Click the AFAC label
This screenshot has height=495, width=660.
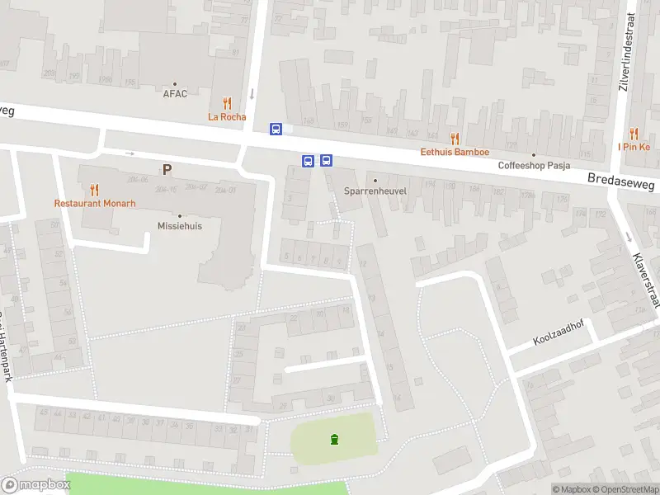coord(175,93)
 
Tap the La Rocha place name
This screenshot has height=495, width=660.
coord(227,117)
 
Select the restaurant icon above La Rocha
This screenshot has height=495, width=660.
coord(227,103)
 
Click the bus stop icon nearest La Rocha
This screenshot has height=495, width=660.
coord(276,129)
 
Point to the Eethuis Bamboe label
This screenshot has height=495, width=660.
coord(455,152)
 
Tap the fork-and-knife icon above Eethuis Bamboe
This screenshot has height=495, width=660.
coord(455,139)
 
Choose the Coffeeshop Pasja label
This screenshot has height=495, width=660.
coord(535,165)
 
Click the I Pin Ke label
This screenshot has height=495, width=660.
coord(634,147)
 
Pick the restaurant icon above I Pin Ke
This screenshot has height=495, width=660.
coord(634,133)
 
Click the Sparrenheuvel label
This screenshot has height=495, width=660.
coord(375,191)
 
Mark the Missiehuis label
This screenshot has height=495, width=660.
coord(180,225)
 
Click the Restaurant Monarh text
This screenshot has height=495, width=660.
coord(95,203)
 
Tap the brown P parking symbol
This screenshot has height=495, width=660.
coord(167,170)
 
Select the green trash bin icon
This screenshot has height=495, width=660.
coord(334,439)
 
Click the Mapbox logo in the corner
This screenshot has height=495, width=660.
coord(35,485)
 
